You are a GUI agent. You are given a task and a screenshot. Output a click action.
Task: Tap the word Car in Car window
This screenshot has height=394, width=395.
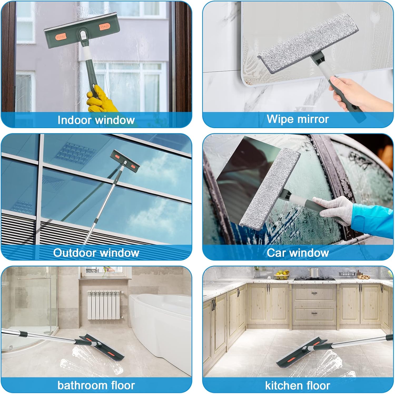click(276, 253)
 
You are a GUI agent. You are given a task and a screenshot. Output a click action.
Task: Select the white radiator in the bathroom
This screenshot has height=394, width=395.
click(104, 305)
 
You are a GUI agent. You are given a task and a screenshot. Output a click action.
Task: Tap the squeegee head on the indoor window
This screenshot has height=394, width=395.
click(82, 30)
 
